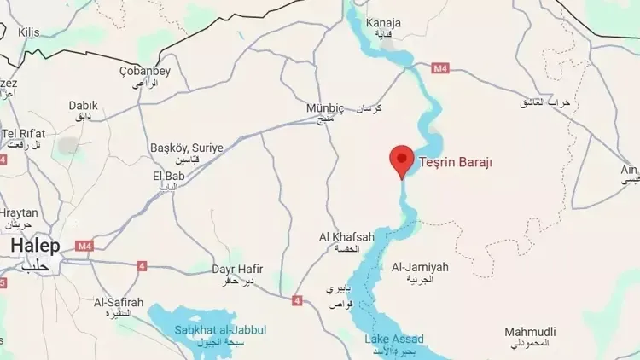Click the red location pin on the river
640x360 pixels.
pyautogui.click(x=402, y=160)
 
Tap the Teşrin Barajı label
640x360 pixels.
pyautogui.click(x=456, y=162)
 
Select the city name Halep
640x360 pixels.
pyautogui.click(x=35, y=246)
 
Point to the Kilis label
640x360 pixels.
pyautogui.click(x=28, y=32)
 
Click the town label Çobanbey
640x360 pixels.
pyautogui.click(x=145, y=71)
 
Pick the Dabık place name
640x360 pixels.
pyautogui.click(x=83, y=105)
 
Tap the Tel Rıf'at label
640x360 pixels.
pyautogui.click(x=23, y=134)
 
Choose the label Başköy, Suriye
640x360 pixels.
pyautogui.click(x=186, y=148)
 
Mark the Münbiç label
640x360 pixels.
pyautogui.click(x=324, y=108)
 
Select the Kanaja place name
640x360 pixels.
pyautogui.click(x=383, y=23)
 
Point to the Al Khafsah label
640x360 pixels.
pyautogui.click(x=346, y=236)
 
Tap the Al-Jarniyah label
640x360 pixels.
pyautogui.click(x=419, y=267)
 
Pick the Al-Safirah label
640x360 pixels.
pyautogui.click(x=119, y=302)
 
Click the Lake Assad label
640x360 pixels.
pyautogui.click(x=393, y=340)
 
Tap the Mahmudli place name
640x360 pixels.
pyautogui.click(x=530, y=331)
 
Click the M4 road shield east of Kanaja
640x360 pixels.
pyautogui.click(x=440, y=67)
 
